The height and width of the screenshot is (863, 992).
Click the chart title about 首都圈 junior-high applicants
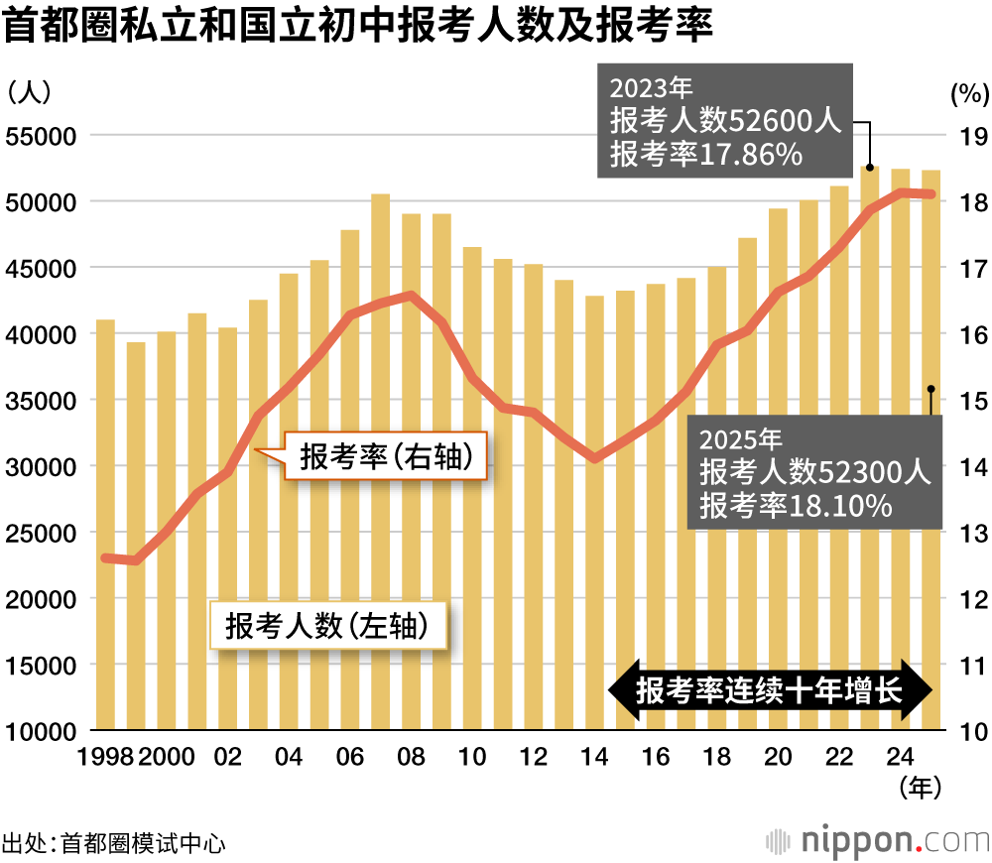click(359, 27)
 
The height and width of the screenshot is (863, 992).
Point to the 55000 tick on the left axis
click(42, 136)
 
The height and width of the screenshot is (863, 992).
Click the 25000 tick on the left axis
click(42, 533)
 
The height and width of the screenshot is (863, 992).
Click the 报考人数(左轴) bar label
click(327, 625)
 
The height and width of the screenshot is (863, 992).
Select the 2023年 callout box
click(724, 121)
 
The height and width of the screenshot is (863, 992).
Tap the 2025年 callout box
click(814, 472)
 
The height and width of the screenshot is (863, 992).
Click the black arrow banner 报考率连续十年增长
click(770, 689)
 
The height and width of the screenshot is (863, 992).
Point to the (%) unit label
click(969, 94)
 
